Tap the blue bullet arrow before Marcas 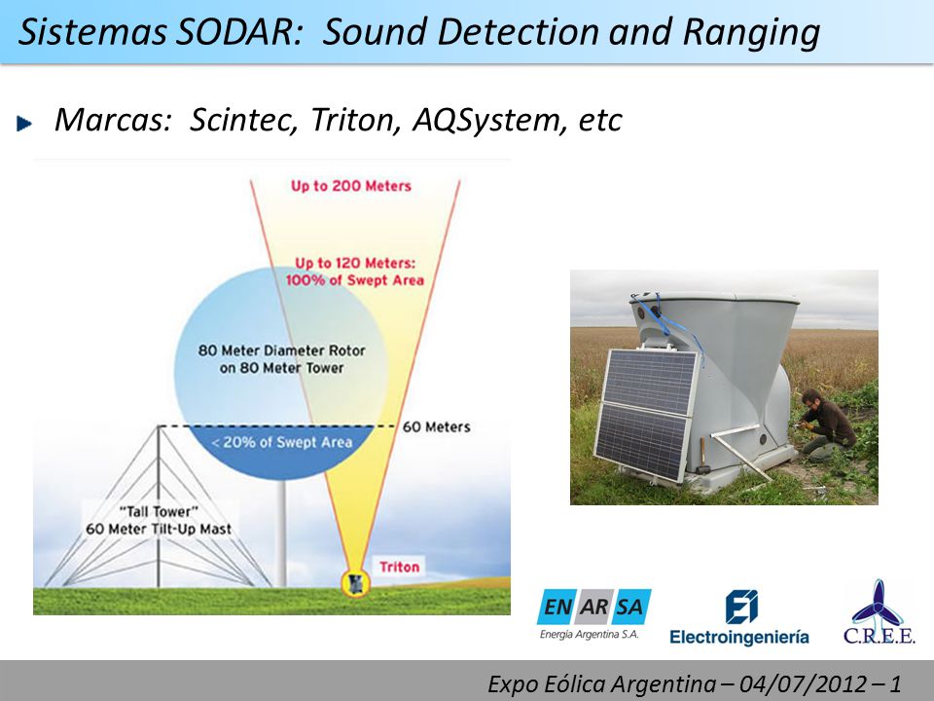pos(25,124)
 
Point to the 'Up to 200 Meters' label pos(351,186)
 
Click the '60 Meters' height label pos(437,426)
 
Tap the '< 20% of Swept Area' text pos(282,442)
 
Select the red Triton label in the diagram pos(399,567)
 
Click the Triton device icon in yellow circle pos(356,583)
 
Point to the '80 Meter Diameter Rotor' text pos(281,350)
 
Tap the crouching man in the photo pos(827,424)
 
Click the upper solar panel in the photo pos(652,381)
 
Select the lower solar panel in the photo pos(642,442)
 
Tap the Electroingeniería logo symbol pos(741,607)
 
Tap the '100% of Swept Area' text pos(355,280)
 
